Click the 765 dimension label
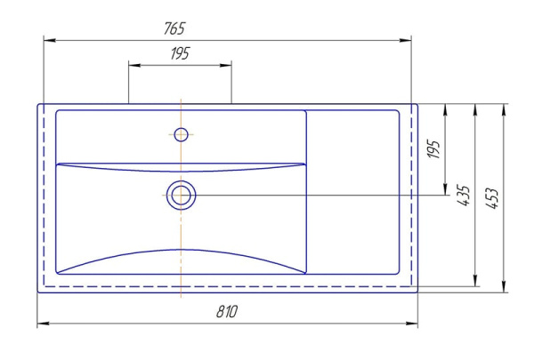174,28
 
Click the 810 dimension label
227,311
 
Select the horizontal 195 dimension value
180,53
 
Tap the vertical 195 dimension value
433,149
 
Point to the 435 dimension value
463,196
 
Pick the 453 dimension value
491,198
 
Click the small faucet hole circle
181,135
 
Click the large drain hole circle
182,196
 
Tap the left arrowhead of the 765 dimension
50,41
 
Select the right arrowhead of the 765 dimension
405,41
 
